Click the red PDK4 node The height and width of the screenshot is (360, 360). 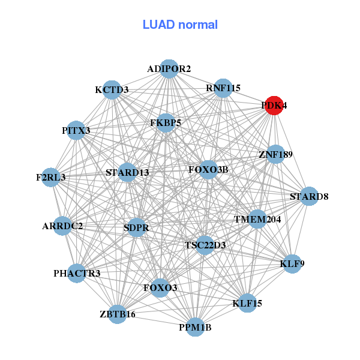274,105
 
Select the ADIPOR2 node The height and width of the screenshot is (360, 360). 169,69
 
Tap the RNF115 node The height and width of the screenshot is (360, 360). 223,88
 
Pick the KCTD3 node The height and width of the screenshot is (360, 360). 112,90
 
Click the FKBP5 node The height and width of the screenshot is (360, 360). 166,122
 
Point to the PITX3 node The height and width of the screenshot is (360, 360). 76,130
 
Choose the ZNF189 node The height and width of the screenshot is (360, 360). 275,155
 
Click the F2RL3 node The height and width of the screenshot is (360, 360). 51,178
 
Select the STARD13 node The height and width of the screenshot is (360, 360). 127,173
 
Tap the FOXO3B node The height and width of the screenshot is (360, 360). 208,170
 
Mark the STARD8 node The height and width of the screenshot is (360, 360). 308,196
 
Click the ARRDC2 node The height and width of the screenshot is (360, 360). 62,226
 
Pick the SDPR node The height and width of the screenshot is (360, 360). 137,227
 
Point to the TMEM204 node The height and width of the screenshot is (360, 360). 257,219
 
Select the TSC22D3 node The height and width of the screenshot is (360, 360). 205,245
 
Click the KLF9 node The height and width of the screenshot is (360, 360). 292,264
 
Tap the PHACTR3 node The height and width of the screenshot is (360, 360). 77,274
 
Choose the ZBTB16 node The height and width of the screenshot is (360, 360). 118,314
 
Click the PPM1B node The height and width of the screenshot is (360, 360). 195,327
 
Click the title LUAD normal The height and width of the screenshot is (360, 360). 180,25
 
